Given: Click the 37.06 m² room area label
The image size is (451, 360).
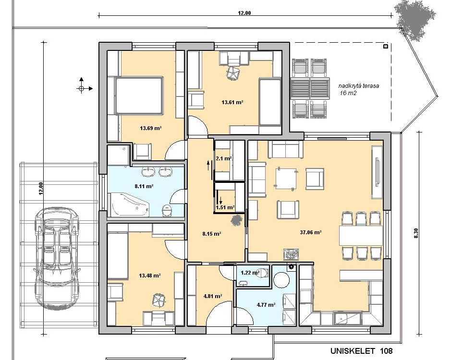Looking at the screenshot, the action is [x=310, y=232].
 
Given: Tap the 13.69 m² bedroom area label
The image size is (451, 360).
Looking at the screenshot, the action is [x=150, y=128].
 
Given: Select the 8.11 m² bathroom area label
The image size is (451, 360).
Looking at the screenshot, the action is [x=144, y=186].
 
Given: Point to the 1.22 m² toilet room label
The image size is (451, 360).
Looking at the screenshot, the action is [x=250, y=273].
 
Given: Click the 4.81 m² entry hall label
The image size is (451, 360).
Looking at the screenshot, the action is [x=212, y=296].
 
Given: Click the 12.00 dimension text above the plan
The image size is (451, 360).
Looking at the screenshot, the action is [x=244, y=13].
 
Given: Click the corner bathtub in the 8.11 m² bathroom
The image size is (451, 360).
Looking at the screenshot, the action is [x=130, y=204].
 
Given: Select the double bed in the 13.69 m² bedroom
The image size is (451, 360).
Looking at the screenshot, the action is [x=139, y=96].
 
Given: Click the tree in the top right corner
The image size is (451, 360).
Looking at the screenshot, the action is [x=414, y=19].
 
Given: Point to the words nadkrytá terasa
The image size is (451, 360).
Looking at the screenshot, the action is [x=359, y=86].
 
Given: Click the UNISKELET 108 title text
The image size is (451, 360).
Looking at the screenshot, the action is [x=361, y=351].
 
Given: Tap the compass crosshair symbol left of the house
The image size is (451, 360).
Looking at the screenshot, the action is [x=81, y=88].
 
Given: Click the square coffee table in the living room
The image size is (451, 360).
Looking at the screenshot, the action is [x=286, y=179].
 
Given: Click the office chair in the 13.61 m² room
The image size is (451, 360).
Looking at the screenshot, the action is [x=233, y=72].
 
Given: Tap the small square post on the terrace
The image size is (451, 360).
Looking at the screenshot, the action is [x=386, y=46].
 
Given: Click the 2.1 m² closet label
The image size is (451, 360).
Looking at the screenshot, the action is [x=224, y=158].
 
